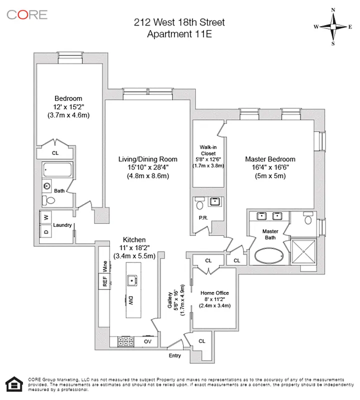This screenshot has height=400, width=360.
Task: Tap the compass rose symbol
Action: pos(334,26)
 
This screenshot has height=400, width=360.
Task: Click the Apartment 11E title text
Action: pos(179,34)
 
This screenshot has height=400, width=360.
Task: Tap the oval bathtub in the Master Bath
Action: pos(270,256)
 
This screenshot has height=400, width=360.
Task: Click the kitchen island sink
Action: pos(132,280)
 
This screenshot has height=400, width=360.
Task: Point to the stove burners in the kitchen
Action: pos(125,342)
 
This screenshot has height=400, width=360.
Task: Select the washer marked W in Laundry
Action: pos(46,217)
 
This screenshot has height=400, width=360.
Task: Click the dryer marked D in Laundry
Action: pos(46,231)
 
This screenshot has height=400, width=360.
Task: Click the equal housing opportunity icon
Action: pos(12,383)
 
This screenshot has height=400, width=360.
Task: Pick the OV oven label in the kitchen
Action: pos(147,342)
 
